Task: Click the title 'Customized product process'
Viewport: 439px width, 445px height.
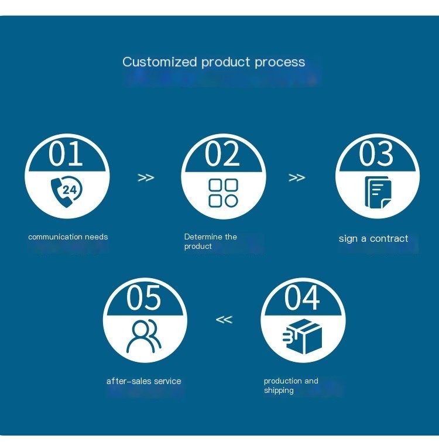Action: [x=214, y=62]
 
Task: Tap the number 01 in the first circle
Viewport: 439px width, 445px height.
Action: [x=66, y=154]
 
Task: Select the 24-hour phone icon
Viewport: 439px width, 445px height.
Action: [x=67, y=191]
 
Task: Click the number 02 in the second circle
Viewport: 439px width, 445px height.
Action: [x=222, y=154]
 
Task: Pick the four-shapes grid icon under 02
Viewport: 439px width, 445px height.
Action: [x=224, y=193]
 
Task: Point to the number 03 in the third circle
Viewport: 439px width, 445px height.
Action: [x=376, y=154]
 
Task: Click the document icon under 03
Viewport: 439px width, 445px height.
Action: [x=378, y=193]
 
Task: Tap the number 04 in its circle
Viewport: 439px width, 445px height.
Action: [x=302, y=298]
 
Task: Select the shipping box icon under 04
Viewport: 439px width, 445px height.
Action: [x=303, y=337]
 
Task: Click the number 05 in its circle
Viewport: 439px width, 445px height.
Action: [x=144, y=298]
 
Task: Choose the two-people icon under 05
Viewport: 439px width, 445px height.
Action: [x=144, y=336]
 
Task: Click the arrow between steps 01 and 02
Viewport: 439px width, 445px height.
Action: [x=146, y=177]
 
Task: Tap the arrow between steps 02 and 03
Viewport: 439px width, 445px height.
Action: [x=297, y=177]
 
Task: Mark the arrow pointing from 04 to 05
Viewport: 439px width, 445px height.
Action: [x=224, y=320]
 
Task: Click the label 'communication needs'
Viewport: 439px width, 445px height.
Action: [x=68, y=237]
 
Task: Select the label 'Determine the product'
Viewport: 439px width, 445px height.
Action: [x=211, y=241]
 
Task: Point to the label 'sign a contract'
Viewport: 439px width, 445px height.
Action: [x=373, y=238]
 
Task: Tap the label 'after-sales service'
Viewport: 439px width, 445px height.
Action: [x=143, y=381]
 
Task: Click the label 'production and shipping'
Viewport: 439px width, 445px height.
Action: [x=291, y=385]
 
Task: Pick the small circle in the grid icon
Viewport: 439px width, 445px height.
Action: [x=232, y=201]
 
